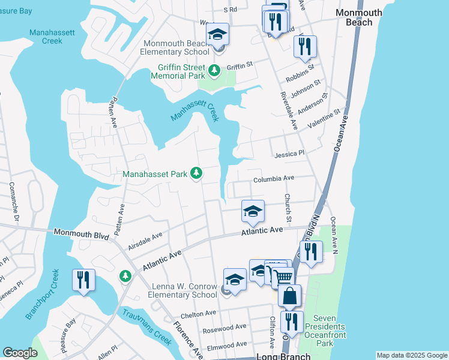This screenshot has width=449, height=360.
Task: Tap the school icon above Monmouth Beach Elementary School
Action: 217,35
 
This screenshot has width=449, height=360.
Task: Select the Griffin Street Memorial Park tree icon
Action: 214,71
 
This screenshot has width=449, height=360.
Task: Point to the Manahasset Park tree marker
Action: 196,174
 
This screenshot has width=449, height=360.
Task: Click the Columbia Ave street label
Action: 273,178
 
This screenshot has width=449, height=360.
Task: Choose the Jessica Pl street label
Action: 289,154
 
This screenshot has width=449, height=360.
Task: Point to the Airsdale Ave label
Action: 145,242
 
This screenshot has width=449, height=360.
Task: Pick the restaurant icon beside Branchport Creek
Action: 83,280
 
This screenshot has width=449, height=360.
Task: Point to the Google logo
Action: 20,353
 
